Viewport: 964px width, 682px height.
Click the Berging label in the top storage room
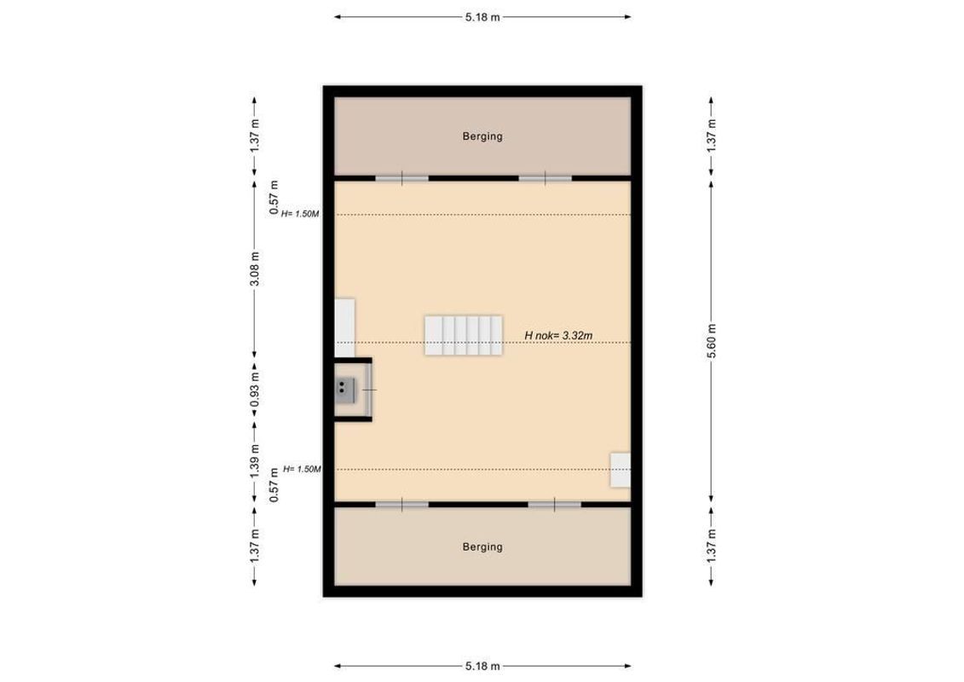coord(482,136)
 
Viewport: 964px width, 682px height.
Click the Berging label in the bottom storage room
coord(482,546)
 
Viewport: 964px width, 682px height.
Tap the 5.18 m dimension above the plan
coord(482,16)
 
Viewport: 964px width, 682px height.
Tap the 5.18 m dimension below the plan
coord(482,666)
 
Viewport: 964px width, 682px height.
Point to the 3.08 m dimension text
coord(254,269)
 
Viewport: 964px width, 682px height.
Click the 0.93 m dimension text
coord(254,390)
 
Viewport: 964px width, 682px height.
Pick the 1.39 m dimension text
coord(254,461)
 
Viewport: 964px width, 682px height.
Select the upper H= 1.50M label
coord(301,214)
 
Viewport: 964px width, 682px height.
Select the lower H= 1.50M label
coord(301,469)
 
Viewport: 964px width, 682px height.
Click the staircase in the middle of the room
coord(463,335)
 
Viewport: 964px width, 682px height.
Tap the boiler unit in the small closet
coord(344,390)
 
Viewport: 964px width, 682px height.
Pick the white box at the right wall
coord(621,471)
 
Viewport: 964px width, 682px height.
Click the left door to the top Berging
coord(402,178)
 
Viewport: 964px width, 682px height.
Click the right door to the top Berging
coord(545,178)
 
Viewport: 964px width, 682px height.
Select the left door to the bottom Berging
coord(402,505)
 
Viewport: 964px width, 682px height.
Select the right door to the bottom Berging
coord(554,505)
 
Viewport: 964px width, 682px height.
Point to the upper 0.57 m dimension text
coord(274,197)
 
